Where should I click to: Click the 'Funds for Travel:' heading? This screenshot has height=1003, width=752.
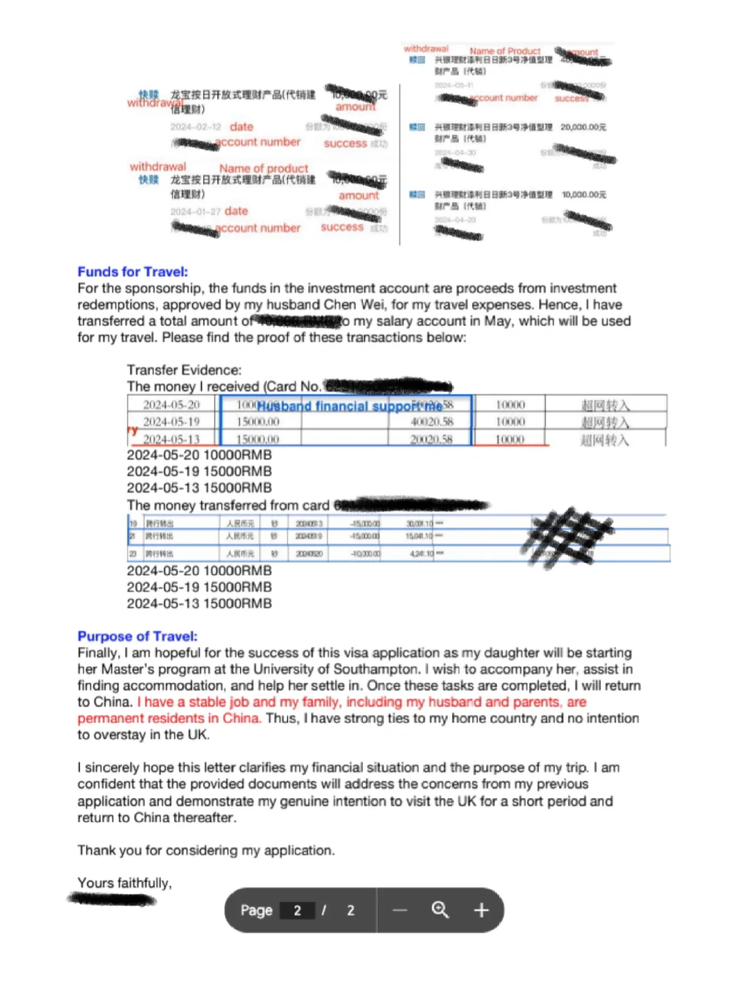click(132, 272)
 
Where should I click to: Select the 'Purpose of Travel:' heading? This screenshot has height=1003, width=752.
click(137, 636)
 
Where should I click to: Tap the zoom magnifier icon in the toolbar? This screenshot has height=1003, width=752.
click(440, 910)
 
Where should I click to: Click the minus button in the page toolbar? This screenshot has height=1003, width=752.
click(400, 910)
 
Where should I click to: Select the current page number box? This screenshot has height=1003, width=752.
click(297, 910)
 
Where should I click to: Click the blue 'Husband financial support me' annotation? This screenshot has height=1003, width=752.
click(349, 406)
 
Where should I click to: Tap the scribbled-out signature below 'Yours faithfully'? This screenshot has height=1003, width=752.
click(112, 899)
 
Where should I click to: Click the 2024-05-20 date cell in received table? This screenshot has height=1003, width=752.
click(171, 404)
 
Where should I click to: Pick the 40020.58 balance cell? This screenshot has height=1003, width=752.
click(432, 422)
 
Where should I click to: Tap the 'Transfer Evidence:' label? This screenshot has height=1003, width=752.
click(184, 370)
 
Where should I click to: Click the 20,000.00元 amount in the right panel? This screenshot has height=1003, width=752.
click(583, 127)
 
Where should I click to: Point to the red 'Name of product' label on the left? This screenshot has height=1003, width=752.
click(264, 168)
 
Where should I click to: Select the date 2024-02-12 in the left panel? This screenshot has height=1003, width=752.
click(195, 127)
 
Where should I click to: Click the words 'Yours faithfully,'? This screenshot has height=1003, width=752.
click(124, 883)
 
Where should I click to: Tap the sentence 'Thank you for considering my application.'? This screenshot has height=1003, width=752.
click(206, 850)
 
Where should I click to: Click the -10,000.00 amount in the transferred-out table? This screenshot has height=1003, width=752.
click(365, 553)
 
